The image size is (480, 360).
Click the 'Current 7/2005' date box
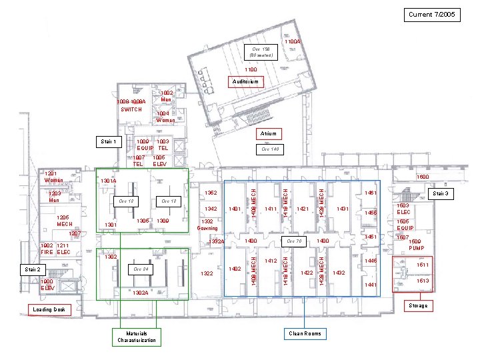[433, 14]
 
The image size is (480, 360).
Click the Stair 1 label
[108, 142]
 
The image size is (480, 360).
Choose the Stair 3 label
[442, 194]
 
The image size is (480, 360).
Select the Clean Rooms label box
[304, 333]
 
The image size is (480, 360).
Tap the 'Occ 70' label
[294, 241]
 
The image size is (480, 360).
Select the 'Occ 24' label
[140, 269]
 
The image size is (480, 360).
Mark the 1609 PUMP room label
[417, 245]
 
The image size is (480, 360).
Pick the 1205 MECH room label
[64, 221]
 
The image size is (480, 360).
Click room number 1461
[371, 193]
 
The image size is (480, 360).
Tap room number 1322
[208, 273]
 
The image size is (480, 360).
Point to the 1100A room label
[293, 42]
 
